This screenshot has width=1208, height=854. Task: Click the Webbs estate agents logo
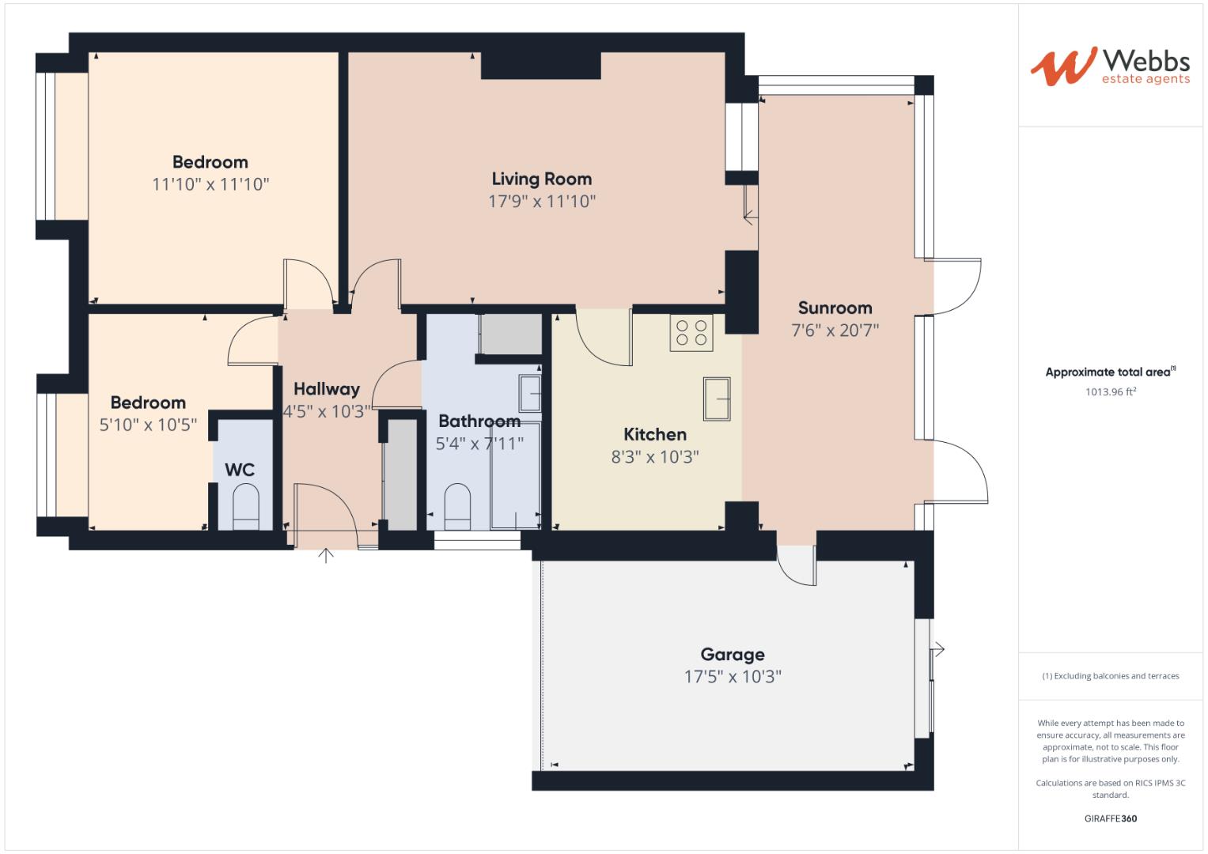point(1109,66)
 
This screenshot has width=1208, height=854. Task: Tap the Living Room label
point(541,179)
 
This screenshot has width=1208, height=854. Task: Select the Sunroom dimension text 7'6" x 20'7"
point(835,331)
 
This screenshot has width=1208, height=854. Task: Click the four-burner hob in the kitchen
point(691,332)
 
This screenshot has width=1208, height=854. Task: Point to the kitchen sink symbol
point(717,399)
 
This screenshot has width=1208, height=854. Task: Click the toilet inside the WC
point(245,507)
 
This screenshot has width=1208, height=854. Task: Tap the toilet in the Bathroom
point(456,507)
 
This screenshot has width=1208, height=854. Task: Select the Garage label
point(732,655)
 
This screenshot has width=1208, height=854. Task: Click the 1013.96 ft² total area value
point(1111,391)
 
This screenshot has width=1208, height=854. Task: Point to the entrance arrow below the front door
point(326,556)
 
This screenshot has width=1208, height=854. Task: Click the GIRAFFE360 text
point(1110,818)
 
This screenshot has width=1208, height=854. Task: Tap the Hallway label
point(326,389)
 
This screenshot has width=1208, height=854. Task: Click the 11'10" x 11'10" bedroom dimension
point(210,185)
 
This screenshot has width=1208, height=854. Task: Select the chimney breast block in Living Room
point(540,66)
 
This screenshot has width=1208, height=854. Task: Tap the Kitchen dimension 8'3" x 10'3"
point(654,457)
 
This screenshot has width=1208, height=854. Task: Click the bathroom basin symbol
point(530,394)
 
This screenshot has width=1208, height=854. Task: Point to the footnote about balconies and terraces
point(1110,676)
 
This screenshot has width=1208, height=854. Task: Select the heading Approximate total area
point(1109,372)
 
